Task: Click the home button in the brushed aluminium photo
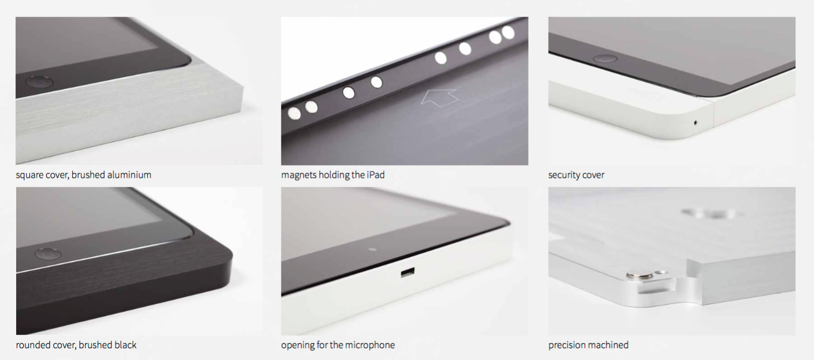[x=39, y=82]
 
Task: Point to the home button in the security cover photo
[x=605, y=58]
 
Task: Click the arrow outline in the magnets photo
[x=439, y=97]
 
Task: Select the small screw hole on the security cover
[x=696, y=122]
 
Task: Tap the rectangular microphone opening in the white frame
[x=408, y=273]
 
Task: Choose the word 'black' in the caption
[x=125, y=345]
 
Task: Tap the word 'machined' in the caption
[x=609, y=345]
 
